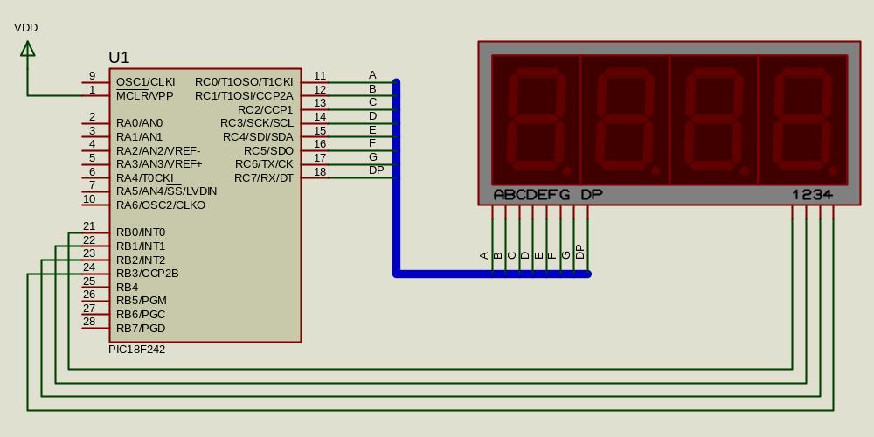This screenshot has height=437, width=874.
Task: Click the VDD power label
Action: coord(26,28)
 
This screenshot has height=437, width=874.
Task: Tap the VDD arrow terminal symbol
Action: coord(28,49)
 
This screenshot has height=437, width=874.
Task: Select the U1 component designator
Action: coord(119,58)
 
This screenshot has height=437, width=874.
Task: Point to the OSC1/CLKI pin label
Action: coord(145,82)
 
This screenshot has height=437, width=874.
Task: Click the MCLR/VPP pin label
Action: coord(144,96)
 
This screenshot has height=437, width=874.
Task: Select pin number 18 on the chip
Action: coord(320,172)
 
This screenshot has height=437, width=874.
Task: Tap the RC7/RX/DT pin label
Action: coord(264,178)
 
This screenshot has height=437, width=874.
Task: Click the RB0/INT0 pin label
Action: coord(141,232)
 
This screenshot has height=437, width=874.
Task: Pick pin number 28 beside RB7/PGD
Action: coord(89,322)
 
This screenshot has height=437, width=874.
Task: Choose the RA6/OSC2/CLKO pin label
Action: coord(161,205)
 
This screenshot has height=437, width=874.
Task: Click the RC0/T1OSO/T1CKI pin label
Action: coord(244,82)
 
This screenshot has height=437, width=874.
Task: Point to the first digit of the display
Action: coord(537,120)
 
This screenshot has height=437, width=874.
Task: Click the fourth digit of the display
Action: coord(803,120)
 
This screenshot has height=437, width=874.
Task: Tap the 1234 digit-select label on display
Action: coord(812,195)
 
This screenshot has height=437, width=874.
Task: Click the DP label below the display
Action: coord(592,195)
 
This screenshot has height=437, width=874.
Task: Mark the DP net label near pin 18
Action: coord(376,170)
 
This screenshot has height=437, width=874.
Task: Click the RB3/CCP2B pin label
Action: coord(147,274)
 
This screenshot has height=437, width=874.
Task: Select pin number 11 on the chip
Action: coord(320,76)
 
